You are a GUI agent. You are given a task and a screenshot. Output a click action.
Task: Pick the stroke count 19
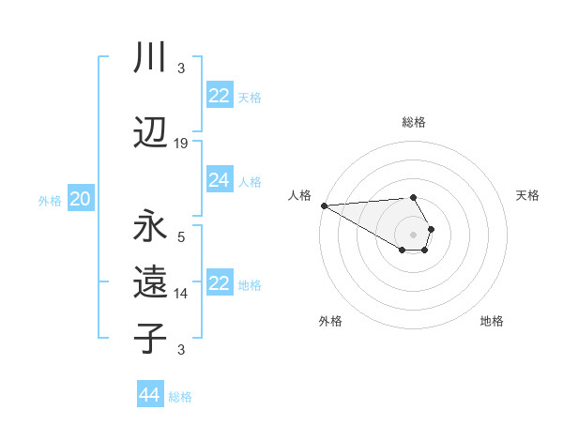pyautogui.click(x=181, y=143)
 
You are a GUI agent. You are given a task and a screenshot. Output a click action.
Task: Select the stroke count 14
pyautogui.click(x=181, y=294)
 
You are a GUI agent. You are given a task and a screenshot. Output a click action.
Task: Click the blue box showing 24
pyautogui.click(x=220, y=180)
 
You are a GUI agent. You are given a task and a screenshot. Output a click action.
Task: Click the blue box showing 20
pyautogui.click(x=81, y=198)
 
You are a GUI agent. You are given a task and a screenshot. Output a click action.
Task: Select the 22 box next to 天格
pyautogui.click(x=220, y=96)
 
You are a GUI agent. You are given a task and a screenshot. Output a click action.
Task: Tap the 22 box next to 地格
pyautogui.click(x=220, y=283)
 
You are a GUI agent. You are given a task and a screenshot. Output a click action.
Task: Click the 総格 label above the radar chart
pyautogui.click(x=414, y=122)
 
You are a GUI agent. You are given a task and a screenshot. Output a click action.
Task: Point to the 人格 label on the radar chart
pyautogui.click(x=299, y=195)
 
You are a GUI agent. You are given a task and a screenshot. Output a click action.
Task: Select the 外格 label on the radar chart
pyautogui.click(x=330, y=321)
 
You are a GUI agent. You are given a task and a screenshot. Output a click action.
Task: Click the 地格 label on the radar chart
pyautogui.click(x=492, y=321)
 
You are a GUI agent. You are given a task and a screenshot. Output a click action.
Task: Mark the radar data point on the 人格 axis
pyautogui.click(x=324, y=205)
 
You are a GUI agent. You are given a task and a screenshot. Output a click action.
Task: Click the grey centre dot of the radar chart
pyautogui.click(x=413, y=234)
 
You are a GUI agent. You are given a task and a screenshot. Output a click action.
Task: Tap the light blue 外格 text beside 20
pyautogui.click(x=50, y=200)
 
